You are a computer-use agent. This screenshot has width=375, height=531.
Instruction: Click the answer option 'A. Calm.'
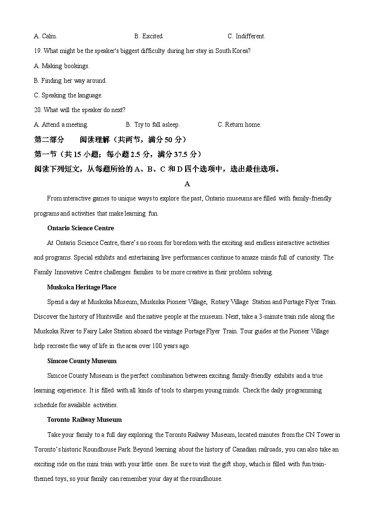point(45,36)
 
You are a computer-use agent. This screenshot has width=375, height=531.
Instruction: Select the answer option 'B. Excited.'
point(149,36)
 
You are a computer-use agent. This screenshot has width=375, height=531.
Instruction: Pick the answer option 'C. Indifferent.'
point(246,36)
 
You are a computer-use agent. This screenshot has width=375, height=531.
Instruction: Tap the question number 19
point(38,51)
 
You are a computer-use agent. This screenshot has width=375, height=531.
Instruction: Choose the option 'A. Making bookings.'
point(61,66)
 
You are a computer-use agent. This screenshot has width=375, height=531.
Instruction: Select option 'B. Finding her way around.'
point(70,81)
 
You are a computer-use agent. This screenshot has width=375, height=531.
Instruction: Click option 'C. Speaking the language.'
point(68,96)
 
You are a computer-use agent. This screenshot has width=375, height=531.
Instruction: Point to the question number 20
point(38,110)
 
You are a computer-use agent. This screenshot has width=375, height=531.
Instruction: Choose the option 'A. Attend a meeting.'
point(61,125)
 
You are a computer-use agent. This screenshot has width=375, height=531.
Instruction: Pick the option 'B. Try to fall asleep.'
point(153,125)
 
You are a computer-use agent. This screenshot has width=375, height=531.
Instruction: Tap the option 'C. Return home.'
point(239,125)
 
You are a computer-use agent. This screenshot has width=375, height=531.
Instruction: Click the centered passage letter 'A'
point(187,184)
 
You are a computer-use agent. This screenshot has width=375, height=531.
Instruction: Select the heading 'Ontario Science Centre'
point(80,228)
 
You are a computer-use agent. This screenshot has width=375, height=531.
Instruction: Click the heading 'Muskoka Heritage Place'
point(81,287)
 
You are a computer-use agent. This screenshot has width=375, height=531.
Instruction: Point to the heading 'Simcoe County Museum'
point(82,361)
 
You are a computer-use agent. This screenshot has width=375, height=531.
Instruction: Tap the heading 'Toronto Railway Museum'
point(84,420)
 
